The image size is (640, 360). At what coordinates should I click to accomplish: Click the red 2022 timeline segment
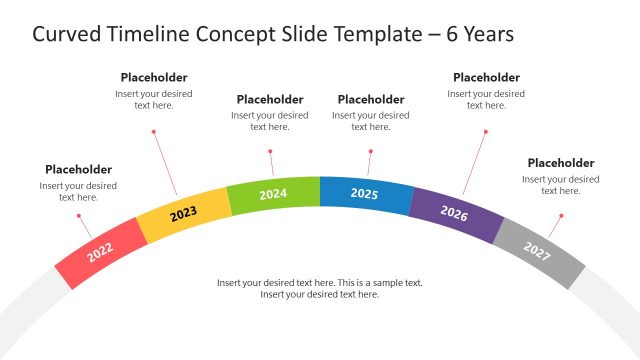(100, 251)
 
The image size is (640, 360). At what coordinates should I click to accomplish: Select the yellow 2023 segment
(182, 214)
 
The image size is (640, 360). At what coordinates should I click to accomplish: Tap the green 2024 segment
(273, 194)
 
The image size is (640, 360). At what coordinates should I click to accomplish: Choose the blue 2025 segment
(365, 194)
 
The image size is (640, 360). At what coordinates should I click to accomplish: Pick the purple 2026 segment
(454, 213)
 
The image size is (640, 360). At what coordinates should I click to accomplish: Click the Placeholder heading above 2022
(78, 169)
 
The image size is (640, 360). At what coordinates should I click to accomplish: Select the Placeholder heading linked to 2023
(154, 77)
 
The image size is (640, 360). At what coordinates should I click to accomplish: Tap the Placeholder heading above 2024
(270, 99)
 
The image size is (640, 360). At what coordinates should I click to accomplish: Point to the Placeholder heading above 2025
(371, 99)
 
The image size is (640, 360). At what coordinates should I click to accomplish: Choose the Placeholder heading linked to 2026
(486, 77)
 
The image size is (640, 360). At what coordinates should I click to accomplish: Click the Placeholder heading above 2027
(561, 163)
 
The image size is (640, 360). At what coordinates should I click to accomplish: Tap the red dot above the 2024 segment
(270, 151)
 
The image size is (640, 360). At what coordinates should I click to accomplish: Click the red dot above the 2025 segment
(371, 151)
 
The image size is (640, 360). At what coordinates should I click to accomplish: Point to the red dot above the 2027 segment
(561, 215)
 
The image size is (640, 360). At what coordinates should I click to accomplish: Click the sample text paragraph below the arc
(320, 288)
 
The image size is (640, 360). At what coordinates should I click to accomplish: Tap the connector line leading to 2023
(166, 164)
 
